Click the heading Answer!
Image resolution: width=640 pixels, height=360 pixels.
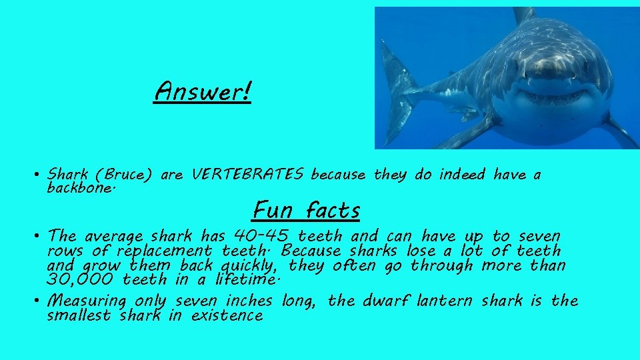point(203,92)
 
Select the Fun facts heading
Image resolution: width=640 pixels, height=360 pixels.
point(306,210)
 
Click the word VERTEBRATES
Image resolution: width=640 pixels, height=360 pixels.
point(247,175)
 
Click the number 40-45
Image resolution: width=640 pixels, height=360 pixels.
point(262,236)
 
